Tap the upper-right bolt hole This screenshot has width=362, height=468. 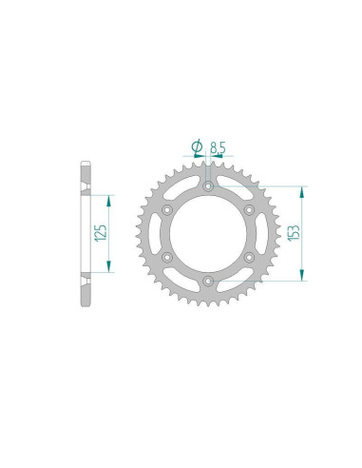[x=249, y=209]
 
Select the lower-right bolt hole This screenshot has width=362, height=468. [x=249, y=257]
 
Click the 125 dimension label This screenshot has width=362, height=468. [x=102, y=232]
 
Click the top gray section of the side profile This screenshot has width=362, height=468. [x=84, y=176]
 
